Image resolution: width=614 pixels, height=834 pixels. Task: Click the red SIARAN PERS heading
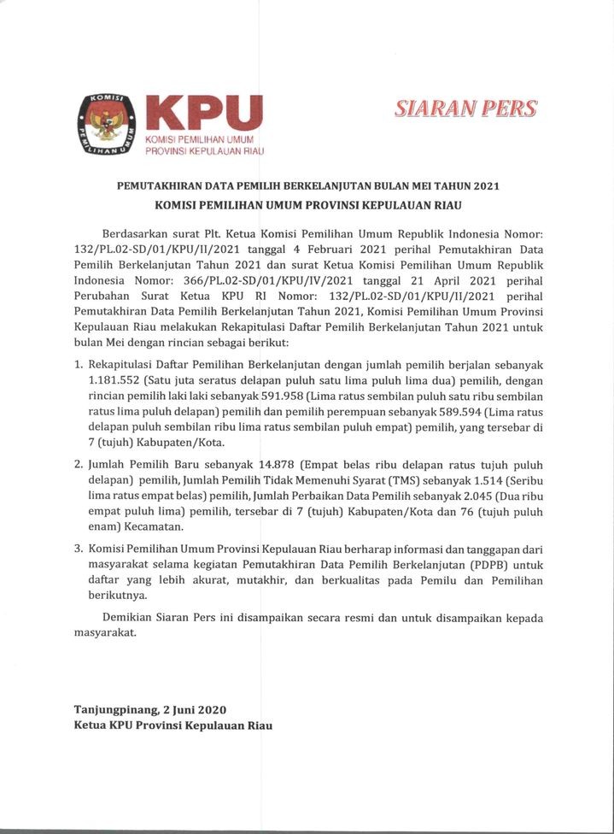(465, 109)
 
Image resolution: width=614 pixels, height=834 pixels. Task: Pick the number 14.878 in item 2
(257, 461)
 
